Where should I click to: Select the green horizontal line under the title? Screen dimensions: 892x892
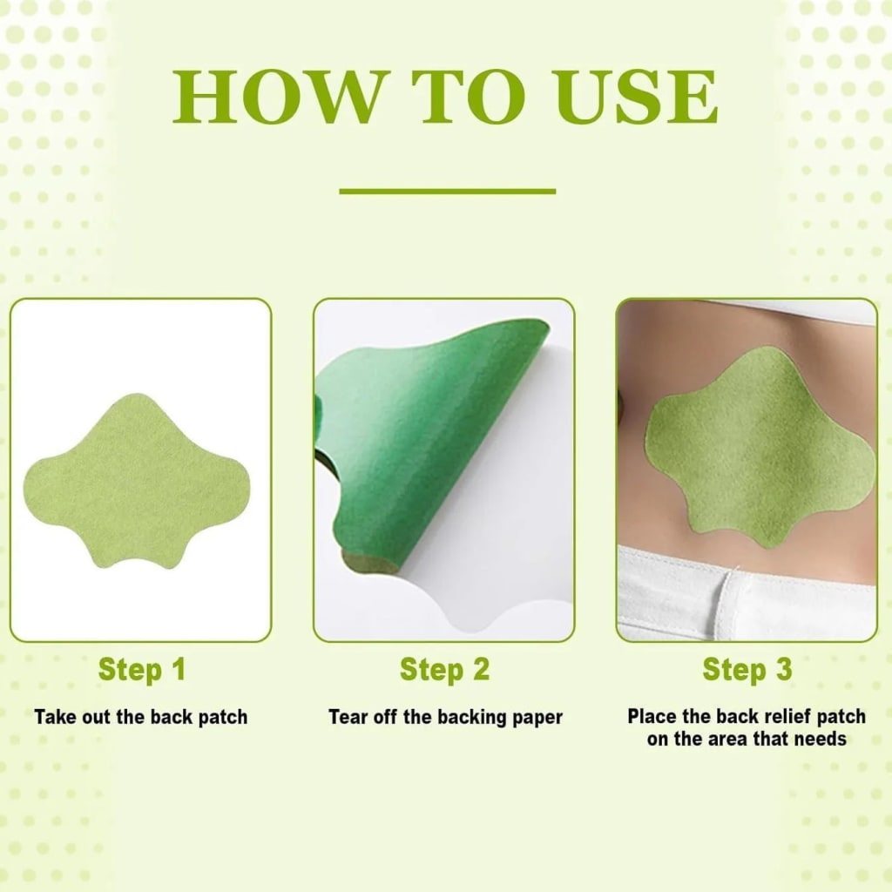(x=447, y=191)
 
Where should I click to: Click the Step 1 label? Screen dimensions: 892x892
(x=141, y=670)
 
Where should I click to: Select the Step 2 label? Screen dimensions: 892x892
(x=444, y=670)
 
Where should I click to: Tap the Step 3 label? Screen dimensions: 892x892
(x=747, y=670)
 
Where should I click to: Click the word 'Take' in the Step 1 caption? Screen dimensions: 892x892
(x=54, y=718)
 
